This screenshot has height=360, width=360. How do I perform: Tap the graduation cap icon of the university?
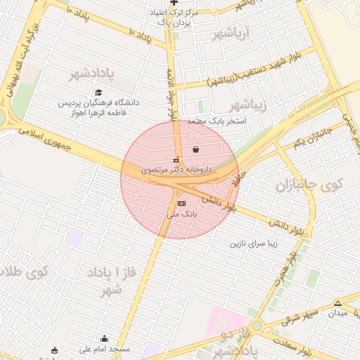98,92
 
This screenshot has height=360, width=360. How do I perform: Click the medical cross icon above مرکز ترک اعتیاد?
174,3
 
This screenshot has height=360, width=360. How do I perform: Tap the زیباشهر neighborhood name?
249,106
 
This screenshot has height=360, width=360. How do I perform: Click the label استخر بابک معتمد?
215,121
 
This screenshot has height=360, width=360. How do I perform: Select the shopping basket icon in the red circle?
195,149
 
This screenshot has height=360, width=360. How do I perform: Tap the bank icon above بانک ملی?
182,203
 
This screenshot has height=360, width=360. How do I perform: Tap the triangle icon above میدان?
338,303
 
